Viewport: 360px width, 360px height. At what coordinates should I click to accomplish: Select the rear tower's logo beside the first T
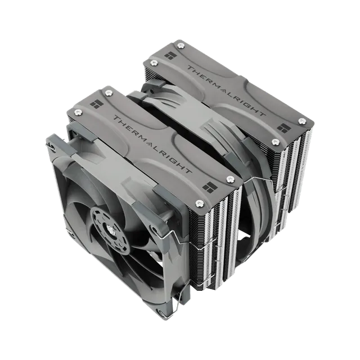point(169,56)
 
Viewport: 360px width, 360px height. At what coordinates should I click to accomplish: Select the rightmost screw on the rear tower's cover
point(302,121)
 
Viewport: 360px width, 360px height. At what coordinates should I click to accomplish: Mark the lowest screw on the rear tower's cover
point(274,142)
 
